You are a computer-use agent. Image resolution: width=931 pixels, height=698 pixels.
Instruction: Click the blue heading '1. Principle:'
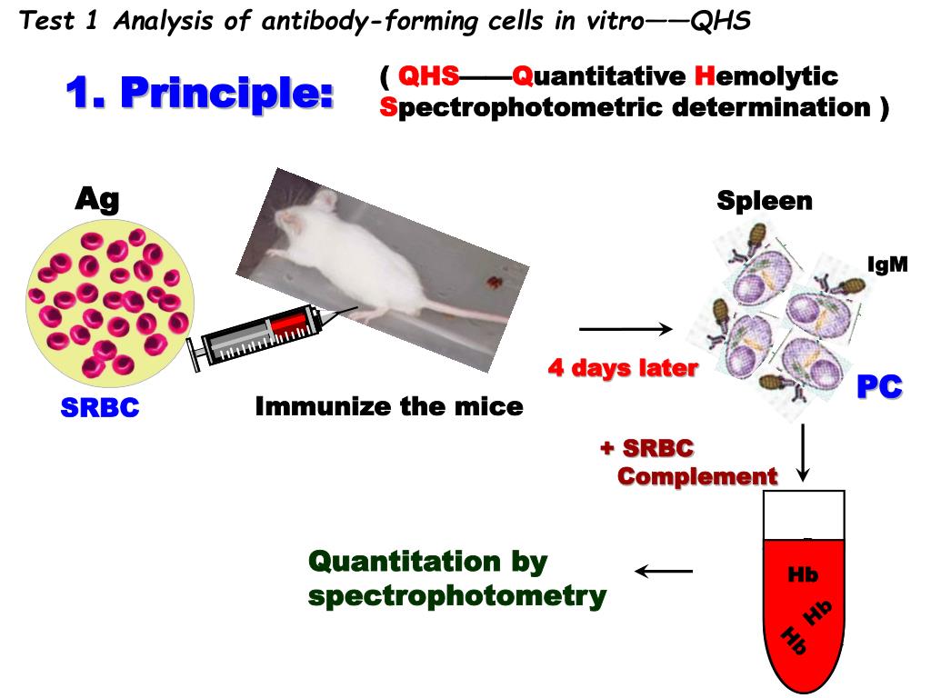tap(199, 93)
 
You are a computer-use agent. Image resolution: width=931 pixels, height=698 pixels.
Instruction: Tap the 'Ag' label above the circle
tap(96, 199)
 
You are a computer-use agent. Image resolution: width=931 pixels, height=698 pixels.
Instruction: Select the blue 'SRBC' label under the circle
tap(100, 408)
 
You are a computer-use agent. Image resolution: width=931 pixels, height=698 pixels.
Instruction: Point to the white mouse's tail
tap(455, 314)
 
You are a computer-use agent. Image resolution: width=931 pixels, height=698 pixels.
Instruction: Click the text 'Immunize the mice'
tap(389, 406)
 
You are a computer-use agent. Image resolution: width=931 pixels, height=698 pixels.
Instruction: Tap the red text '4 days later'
tap(623, 368)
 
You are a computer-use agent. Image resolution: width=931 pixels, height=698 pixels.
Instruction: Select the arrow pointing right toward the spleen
tap(625, 328)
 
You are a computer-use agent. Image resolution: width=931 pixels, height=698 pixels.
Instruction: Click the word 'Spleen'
tap(765, 201)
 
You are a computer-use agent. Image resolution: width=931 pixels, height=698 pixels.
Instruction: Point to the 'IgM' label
tap(886, 266)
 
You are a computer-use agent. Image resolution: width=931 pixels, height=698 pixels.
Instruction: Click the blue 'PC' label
tap(879, 387)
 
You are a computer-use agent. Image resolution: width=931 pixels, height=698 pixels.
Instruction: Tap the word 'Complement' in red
tap(697, 475)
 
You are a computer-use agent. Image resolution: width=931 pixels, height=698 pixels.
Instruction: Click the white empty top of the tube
tap(805, 514)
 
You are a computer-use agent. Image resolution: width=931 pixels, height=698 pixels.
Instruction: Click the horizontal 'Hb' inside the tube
tap(803, 574)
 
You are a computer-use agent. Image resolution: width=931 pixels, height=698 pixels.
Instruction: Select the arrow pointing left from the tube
tap(664, 572)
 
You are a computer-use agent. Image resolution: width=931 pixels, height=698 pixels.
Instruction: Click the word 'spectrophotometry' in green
tap(457, 596)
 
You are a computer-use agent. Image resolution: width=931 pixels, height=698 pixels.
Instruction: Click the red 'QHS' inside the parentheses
tap(428, 76)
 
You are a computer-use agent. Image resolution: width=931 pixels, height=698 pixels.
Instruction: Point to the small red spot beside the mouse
tap(493, 282)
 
